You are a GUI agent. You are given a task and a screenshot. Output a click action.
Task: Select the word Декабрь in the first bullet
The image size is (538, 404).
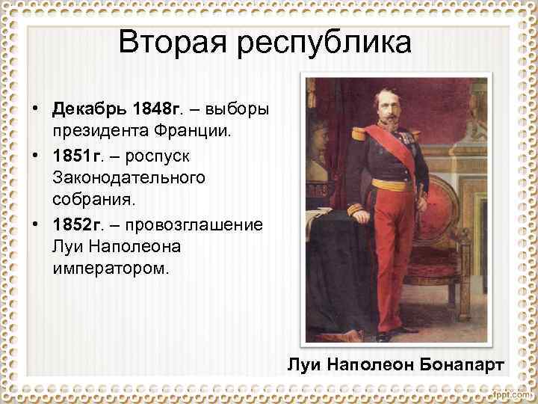point(88,111)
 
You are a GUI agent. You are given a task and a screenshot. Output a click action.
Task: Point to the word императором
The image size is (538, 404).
point(111,266)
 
